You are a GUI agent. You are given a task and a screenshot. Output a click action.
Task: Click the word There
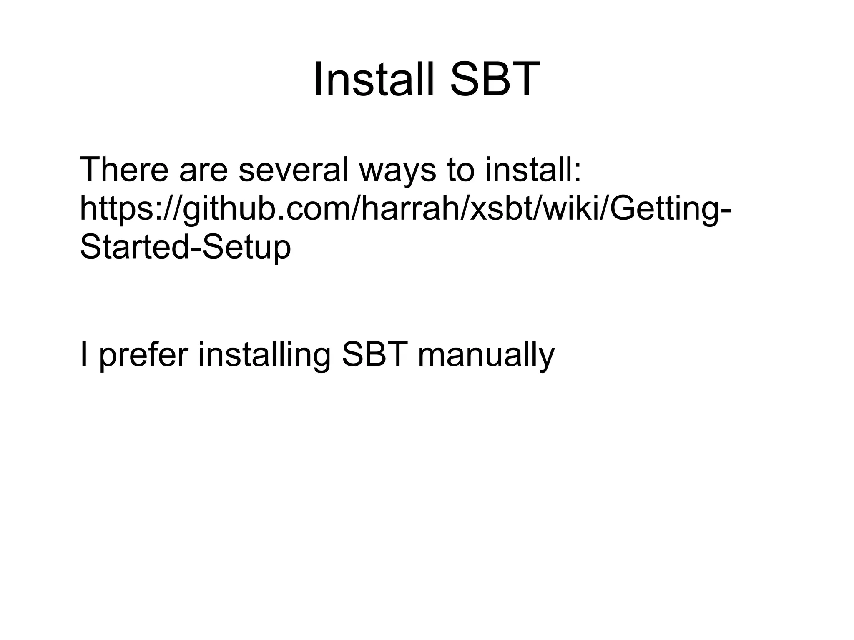(123, 170)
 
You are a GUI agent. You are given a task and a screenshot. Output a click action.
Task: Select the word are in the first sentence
(203, 170)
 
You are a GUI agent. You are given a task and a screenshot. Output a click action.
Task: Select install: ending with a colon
(533, 170)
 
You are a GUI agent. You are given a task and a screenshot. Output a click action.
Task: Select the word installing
(264, 355)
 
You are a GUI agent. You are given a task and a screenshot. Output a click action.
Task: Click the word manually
(486, 355)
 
